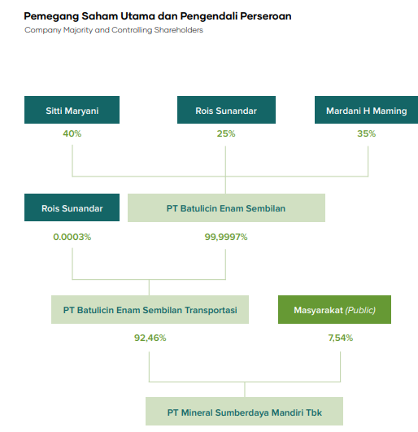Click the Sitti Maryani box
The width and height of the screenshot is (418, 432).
[x=72, y=110]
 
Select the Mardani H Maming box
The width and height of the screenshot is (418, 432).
[x=366, y=110]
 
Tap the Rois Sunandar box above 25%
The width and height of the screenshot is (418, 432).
[x=226, y=110]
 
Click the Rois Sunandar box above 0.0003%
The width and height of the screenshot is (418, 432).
[x=72, y=207]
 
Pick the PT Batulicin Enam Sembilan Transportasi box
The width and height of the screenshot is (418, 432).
[x=150, y=309]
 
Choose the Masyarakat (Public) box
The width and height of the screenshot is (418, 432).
[x=334, y=309]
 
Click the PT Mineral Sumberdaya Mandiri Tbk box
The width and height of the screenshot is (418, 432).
[x=244, y=411]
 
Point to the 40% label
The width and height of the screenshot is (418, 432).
[x=72, y=133]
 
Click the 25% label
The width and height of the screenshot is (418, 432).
[x=226, y=133]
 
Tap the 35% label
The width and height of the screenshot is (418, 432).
[x=367, y=133]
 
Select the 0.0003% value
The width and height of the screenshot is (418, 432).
[x=72, y=237]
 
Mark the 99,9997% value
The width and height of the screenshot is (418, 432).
[x=226, y=237]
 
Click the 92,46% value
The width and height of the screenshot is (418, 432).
[x=150, y=338]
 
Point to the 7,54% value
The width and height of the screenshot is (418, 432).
[x=341, y=338]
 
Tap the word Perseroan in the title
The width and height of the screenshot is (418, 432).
[x=266, y=16]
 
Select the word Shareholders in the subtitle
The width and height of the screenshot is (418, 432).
[x=178, y=30]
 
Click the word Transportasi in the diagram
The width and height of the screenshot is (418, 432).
[x=211, y=310]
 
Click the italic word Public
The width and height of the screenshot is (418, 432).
[x=360, y=310]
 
